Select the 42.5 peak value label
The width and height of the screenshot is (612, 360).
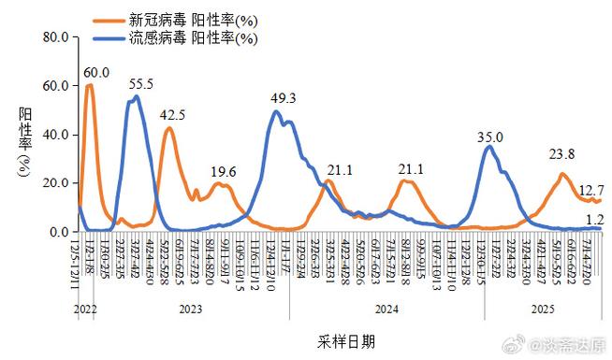[171, 115]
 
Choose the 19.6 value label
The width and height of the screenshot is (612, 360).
[223, 170]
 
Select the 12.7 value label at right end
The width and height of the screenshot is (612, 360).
[590, 191]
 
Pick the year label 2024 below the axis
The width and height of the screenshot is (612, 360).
[386, 308]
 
